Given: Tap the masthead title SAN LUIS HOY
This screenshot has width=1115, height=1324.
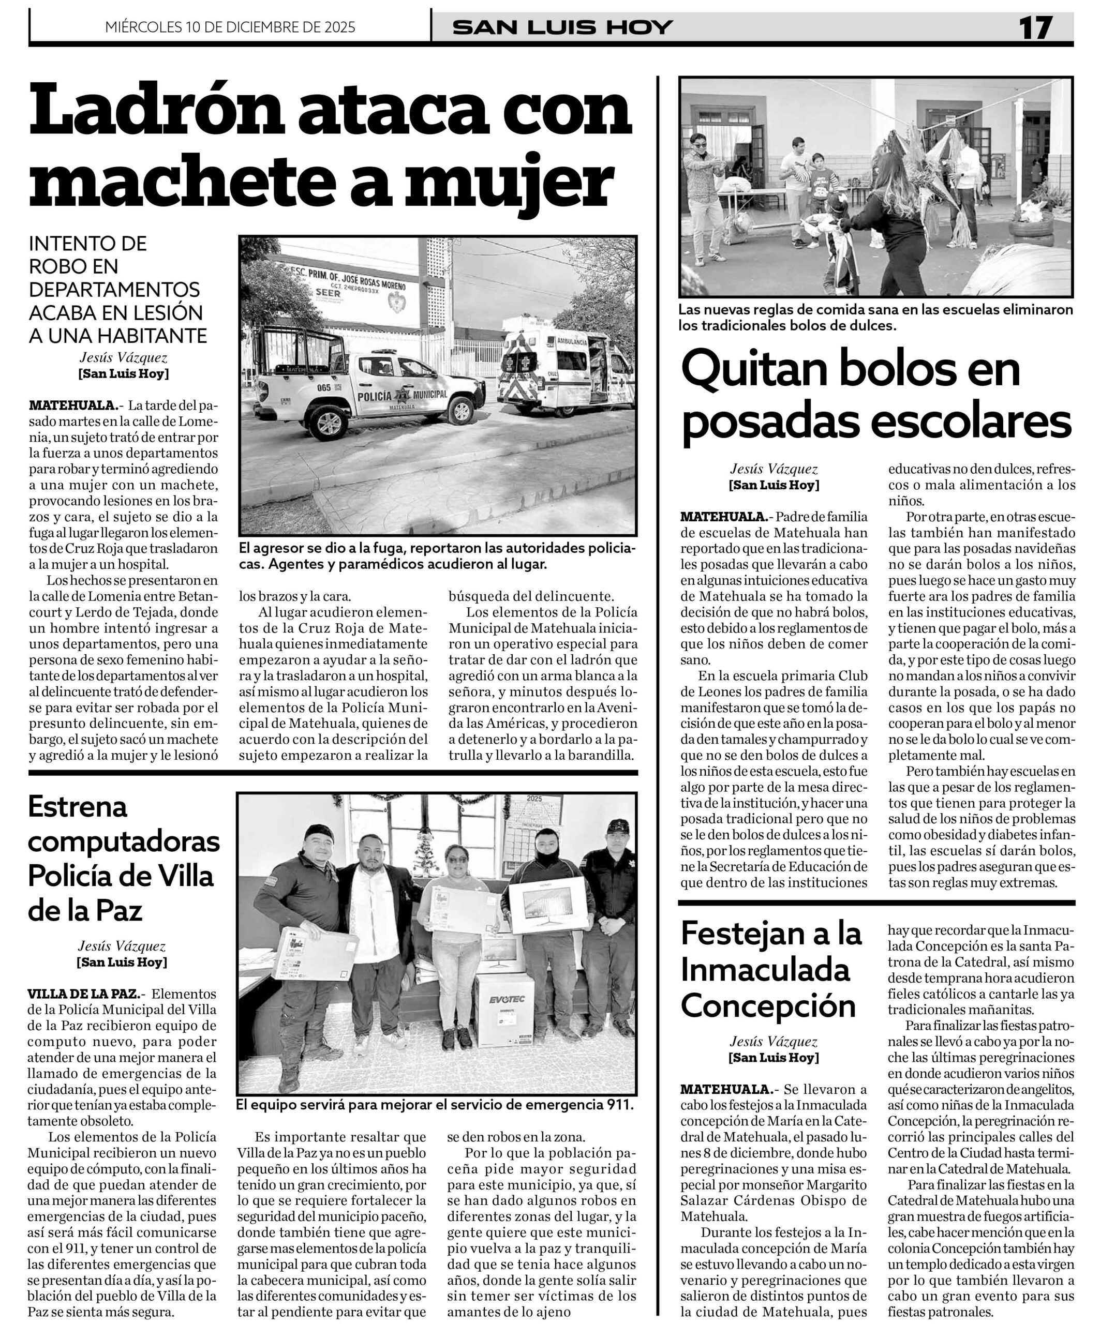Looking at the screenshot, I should point(562,28).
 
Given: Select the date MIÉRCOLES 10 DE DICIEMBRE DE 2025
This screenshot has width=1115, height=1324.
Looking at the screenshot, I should point(230,28).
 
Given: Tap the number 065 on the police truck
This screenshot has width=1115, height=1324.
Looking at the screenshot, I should point(323,387).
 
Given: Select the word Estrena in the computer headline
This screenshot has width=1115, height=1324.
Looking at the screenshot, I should point(78,807).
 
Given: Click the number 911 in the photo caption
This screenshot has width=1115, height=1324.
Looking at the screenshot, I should point(618,1105).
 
